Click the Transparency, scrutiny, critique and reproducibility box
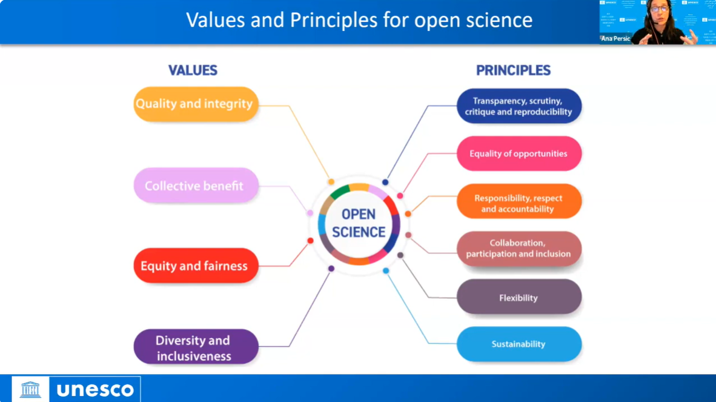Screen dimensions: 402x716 click(x=519, y=106)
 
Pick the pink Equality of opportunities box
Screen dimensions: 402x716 click(x=519, y=153)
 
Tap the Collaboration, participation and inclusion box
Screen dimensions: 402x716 click(x=519, y=249)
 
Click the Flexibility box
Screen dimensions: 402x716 click(x=519, y=297)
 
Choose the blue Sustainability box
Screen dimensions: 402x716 click(x=519, y=344)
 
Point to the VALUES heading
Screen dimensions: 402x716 click(x=193, y=70)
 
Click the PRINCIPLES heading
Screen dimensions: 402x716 click(x=513, y=70)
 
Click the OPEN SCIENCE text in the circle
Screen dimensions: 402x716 click(x=359, y=223)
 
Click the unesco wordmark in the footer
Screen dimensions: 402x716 click(x=95, y=390)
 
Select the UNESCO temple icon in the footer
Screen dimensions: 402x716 click(x=30, y=389)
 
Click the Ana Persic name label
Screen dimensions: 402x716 click(x=615, y=39)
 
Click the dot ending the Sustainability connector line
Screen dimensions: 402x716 click(x=386, y=271)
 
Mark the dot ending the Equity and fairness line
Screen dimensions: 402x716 click(x=310, y=241)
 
